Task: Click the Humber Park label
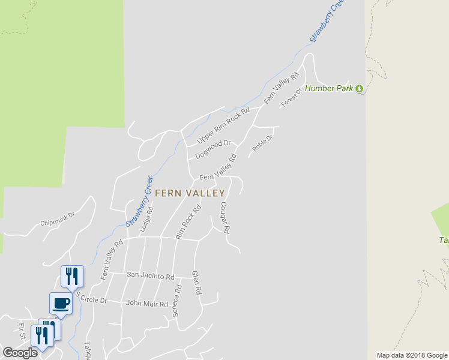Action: tap(330, 89)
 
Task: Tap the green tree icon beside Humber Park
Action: tap(360, 89)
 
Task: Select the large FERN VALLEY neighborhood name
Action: tap(190, 193)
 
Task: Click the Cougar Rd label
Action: tap(225, 217)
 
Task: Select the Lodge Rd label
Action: tap(146, 220)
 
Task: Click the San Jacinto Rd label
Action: tap(150, 277)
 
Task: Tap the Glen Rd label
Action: tap(195, 283)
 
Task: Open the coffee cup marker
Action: tap(61, 302)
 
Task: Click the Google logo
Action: tap(20, 353)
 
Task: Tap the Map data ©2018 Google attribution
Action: tap(412, 355)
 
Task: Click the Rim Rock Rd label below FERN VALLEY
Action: tap(188, 223)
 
